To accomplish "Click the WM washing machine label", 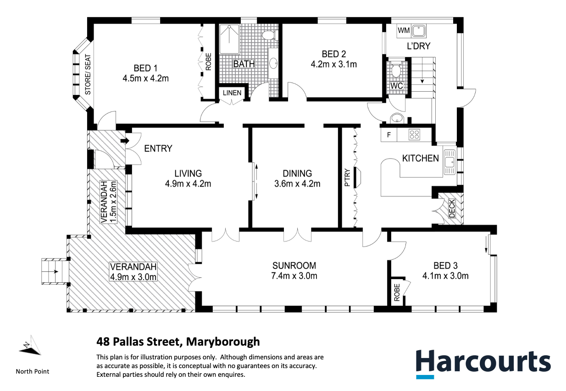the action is pos(404,31).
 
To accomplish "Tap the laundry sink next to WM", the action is pos(419,31).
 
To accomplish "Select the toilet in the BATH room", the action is pos(269,35).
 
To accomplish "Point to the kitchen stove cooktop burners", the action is pos(414,134).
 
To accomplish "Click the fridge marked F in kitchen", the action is pos(389,135).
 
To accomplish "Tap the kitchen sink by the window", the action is pos(449,162).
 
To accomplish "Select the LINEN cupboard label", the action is pos(232,93).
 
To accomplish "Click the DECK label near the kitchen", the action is pos(452,209).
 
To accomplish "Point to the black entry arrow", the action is pos(125,140).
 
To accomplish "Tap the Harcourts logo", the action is pos(483,363).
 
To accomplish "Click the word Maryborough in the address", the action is pos(223,342).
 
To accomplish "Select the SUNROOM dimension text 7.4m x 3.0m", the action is pos(294,276).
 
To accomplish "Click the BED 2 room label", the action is pos(334,54).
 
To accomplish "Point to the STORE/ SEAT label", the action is pos(88,75).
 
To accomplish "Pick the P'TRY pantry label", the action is pos(347,177).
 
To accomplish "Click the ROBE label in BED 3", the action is pos(397,292).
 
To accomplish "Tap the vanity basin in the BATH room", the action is pos(274,63).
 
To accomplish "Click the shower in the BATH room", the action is pos(229,39).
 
